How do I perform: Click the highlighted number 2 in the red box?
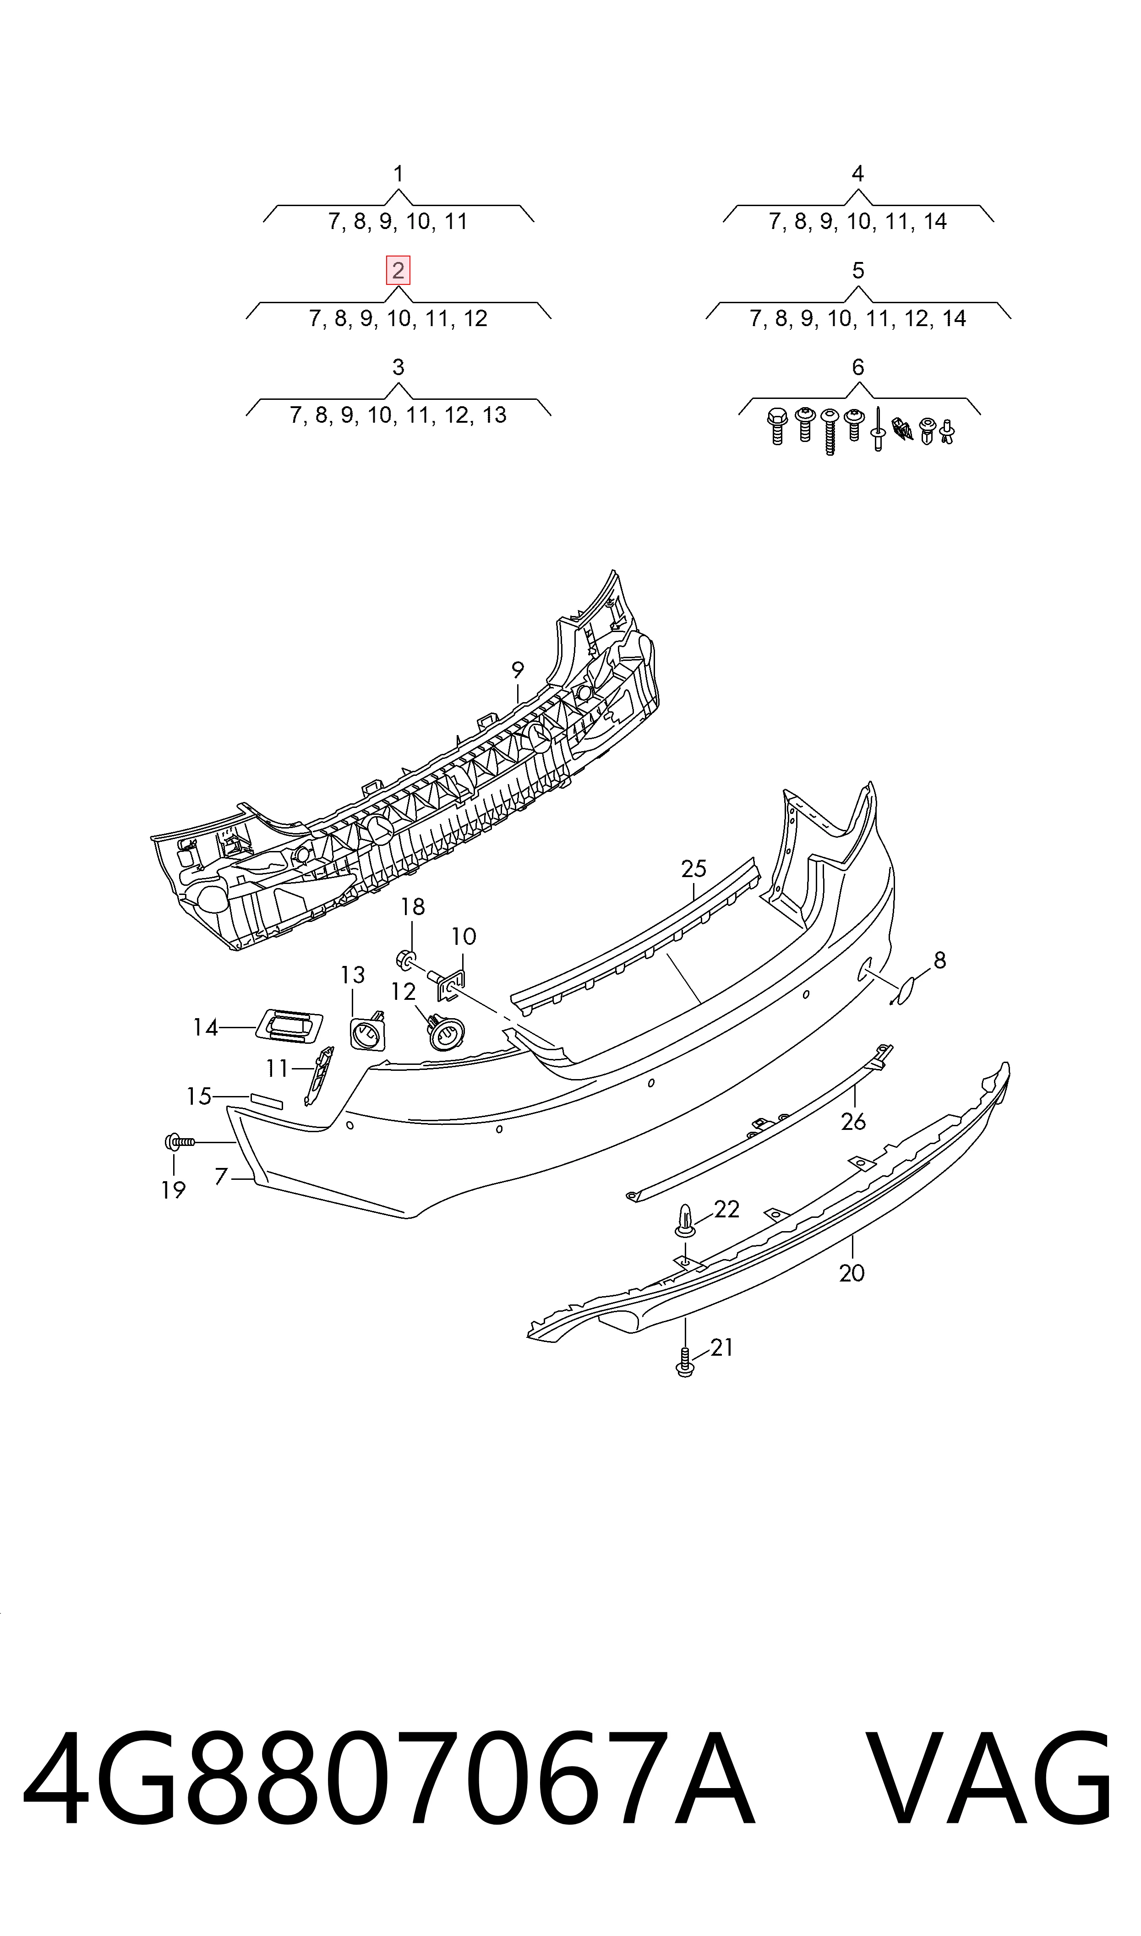tap(399, 271)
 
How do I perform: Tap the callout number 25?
tap(693, 869)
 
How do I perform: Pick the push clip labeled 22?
tap(685, 1222)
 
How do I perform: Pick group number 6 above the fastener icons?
tap(858, 367)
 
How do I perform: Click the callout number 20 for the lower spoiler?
tap(852, 1274)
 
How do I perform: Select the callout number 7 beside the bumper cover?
tap(221, 1177)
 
